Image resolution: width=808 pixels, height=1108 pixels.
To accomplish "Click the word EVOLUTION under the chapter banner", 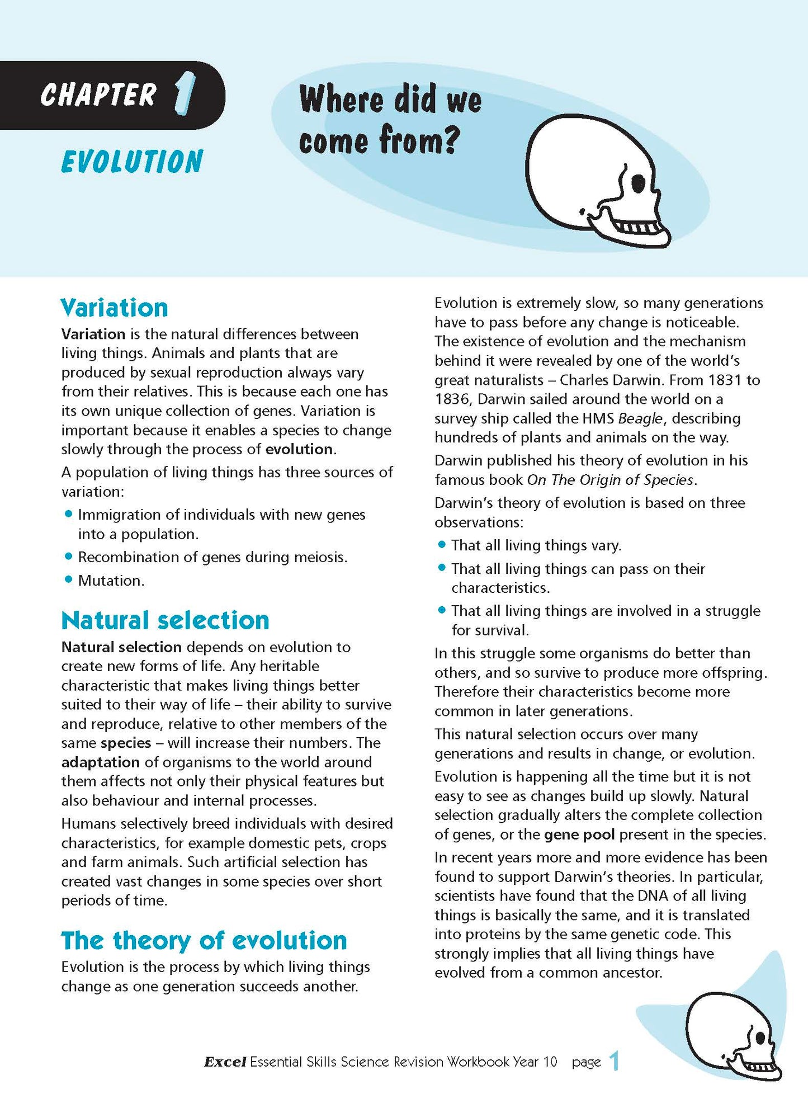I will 132,162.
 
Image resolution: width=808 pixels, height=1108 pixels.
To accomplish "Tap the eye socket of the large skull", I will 637,182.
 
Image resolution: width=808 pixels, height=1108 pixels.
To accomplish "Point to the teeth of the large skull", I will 637,227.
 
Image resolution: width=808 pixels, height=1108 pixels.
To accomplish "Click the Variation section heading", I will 114,308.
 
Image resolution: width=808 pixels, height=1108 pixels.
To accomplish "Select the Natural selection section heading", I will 165,620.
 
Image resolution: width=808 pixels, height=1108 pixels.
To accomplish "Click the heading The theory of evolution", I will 204,940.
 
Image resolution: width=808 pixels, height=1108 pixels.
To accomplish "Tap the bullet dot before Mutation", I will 69,579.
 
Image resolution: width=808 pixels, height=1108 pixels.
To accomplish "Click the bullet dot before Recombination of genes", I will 69,556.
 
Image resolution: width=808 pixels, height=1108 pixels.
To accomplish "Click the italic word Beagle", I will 640,418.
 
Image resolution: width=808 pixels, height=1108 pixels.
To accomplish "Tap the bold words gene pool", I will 579,834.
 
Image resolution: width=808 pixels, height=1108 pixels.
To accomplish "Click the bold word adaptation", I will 100,762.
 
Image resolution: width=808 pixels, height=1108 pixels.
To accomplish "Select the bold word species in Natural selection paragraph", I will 126,743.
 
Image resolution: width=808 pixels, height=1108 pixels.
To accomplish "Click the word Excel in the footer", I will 225,1062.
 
